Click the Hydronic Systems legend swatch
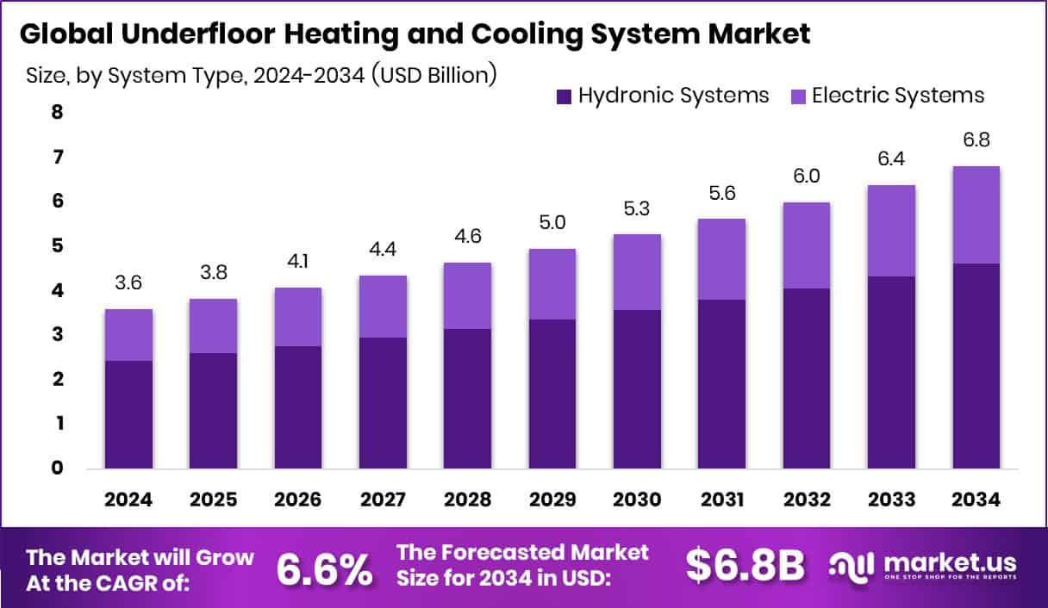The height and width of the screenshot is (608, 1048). pos(565,96)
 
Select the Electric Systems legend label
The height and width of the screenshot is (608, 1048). pos(898,95)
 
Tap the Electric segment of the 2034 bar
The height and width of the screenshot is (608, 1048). pos(976,214)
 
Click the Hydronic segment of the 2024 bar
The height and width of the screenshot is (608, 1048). pos(129,414)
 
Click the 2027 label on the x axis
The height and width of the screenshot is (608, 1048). pos(383,499)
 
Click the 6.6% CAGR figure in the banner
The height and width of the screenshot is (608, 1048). pos(325,568)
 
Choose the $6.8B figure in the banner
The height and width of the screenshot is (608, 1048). pos(745,566)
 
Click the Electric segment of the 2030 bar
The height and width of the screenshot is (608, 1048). pos(637,271)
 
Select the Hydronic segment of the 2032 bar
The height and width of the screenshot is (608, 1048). pos(807,378)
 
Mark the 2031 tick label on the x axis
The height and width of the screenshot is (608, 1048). pos(721,499)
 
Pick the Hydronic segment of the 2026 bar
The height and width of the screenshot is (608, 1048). pos(298,407)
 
